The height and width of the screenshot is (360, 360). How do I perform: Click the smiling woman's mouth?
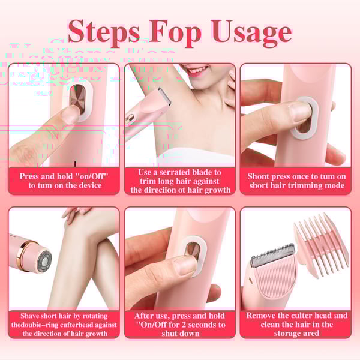[x=194, y=70]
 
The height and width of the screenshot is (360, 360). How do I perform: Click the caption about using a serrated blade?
[x=181, y=181]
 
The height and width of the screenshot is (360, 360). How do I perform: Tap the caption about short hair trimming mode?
[x=296, y=181]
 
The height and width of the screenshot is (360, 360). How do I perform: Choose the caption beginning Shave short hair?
[x=64, y=324]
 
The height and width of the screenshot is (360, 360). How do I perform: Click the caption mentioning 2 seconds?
[x=180, y=324]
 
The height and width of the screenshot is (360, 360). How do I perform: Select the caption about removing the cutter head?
[x=296, y=324]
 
